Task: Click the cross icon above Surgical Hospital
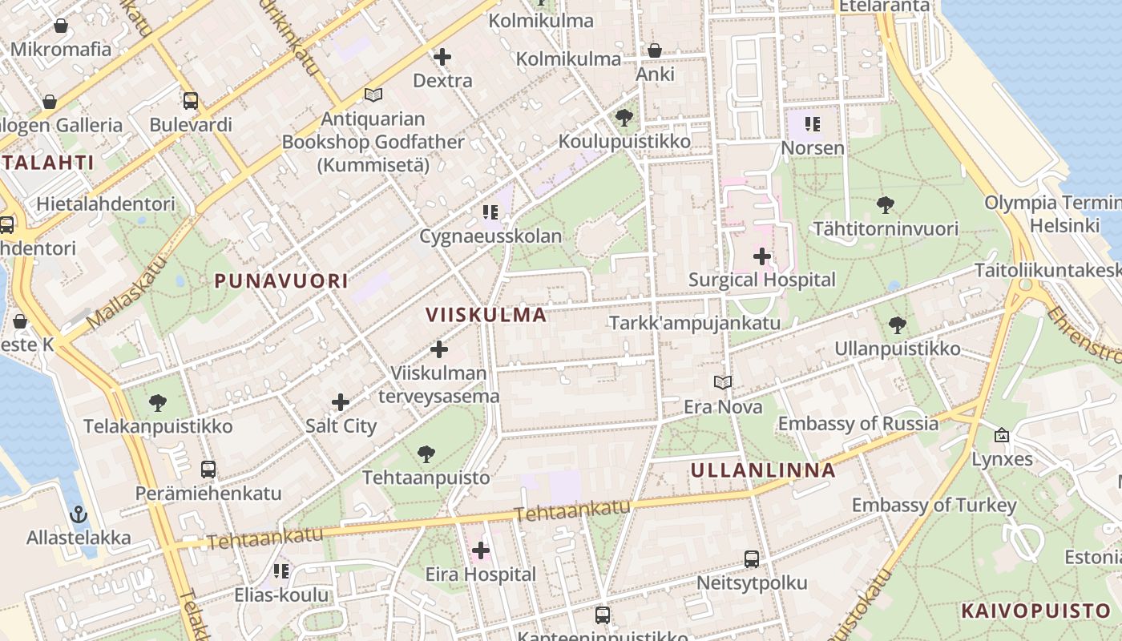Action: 762,256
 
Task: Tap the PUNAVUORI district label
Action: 281,280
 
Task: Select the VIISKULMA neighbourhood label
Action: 486,314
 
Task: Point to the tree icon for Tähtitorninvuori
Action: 886,205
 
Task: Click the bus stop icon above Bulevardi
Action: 191,101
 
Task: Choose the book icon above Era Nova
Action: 723,383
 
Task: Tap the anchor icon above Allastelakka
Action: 79,514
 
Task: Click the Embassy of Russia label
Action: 858,423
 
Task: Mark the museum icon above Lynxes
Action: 1002,435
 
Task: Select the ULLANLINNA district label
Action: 763,470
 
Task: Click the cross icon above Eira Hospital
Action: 481,550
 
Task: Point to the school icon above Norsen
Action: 813,124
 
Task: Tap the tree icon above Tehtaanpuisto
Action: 426,454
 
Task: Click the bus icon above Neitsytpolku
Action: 752,559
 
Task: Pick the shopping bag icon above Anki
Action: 655,50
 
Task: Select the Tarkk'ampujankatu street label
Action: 695,323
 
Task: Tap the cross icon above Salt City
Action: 341,401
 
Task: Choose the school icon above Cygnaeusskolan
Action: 490,212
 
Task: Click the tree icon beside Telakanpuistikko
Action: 159,402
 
